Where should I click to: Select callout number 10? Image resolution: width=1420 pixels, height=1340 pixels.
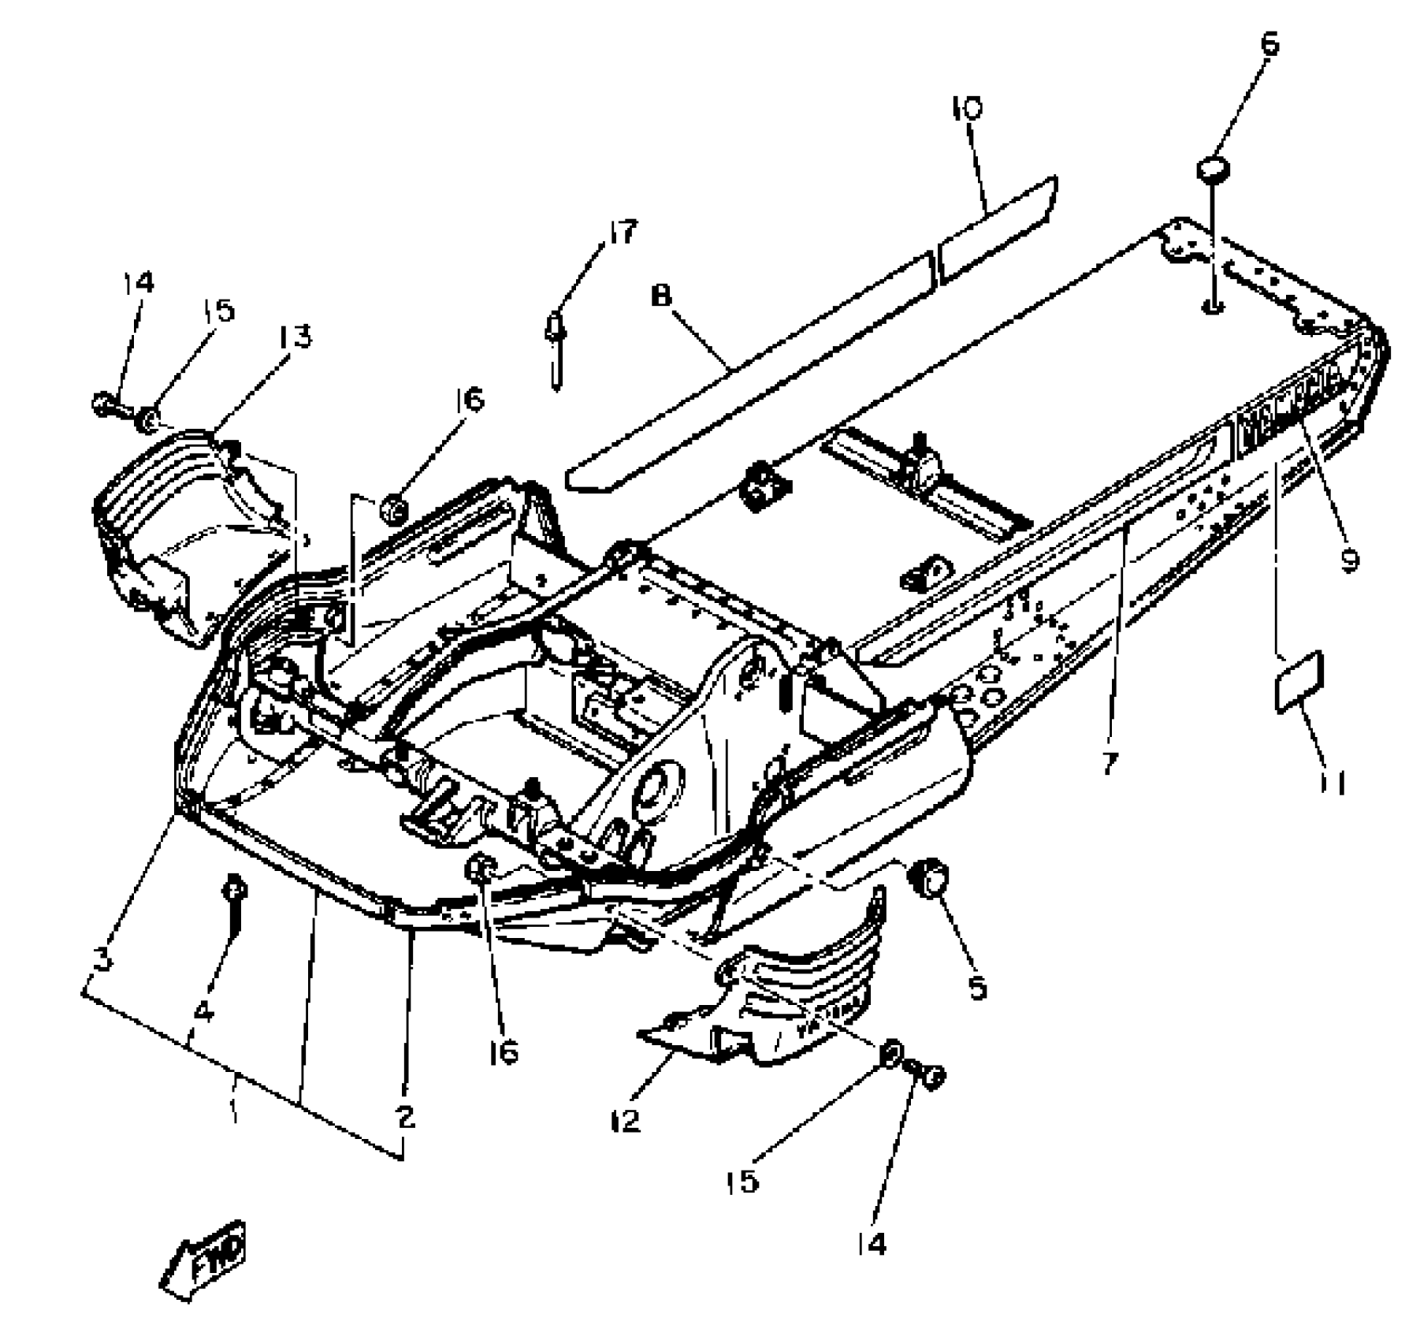coord(968,108)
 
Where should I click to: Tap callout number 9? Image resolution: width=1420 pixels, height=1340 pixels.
coord(1349,560)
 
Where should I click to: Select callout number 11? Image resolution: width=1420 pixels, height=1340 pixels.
coord(1333,783)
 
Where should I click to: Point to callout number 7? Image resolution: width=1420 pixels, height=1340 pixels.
coord(1110,763)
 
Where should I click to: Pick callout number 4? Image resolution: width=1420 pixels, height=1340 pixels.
coord(203,1011)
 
